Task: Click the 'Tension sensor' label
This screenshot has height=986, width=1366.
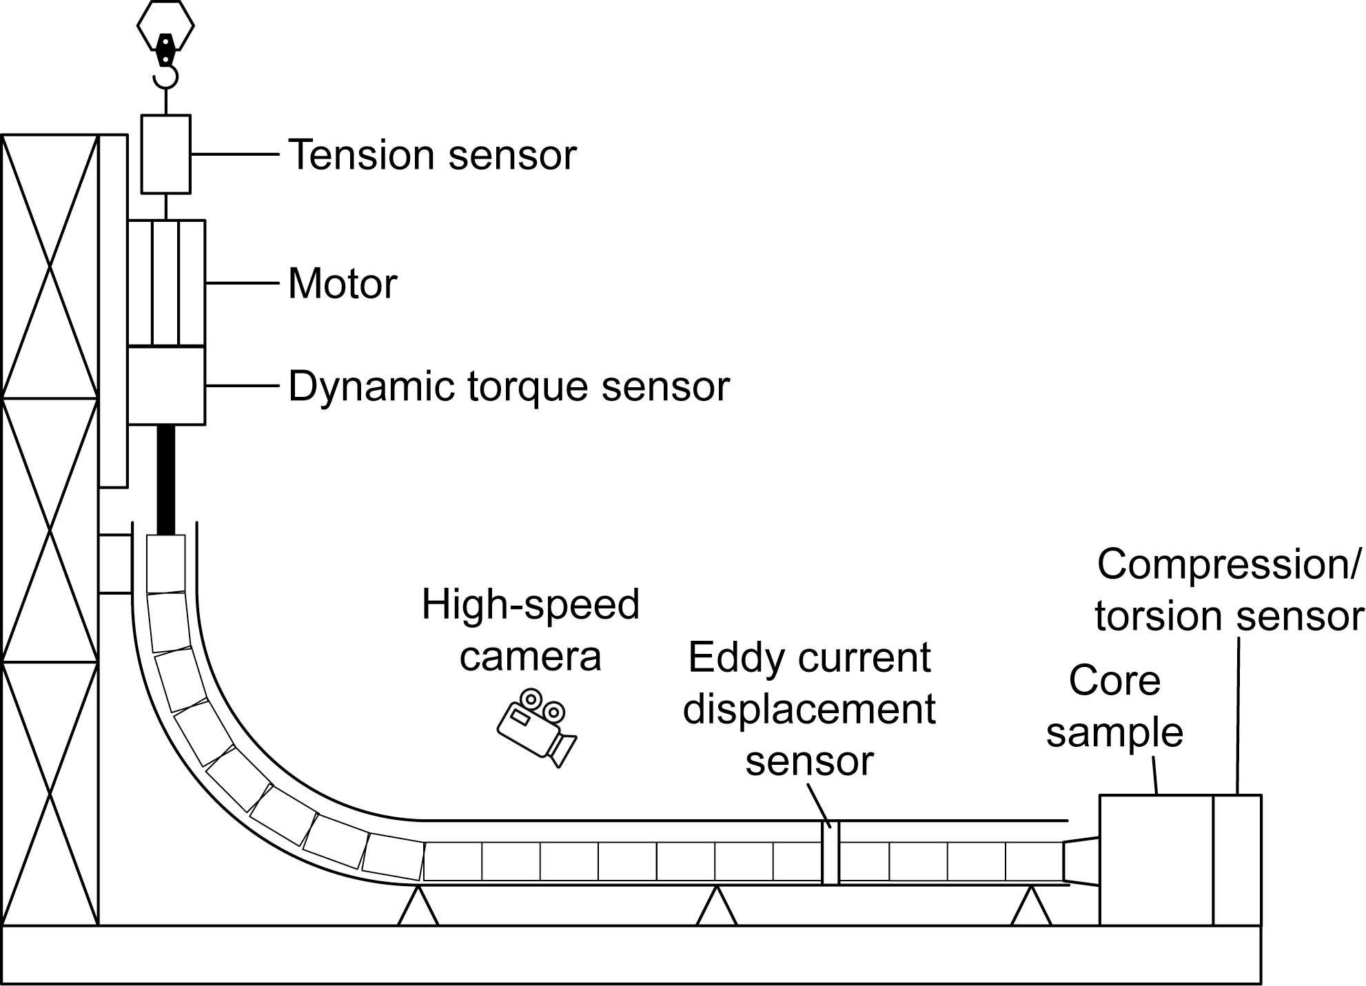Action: pyautogui.click(x=431, y=155)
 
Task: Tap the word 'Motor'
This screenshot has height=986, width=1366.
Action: pyautogui.click(x=343, y=283)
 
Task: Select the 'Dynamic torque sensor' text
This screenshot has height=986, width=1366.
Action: pyautogui.click(x=509, y=386)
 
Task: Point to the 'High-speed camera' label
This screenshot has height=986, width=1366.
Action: pyautogui.click(x=530, y=630)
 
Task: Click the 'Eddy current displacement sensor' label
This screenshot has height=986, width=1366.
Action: pyautogui.click(x=809, y=709)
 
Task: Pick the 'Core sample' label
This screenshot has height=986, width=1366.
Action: pyautogui.click(x=1114, y=706)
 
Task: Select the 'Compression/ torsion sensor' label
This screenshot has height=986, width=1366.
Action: pyautogui.click(x=1229, y=590)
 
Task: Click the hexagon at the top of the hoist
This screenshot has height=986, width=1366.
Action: pyautogui.click(x=165, y=25)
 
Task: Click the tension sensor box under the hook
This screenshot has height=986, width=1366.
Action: pyautogui.click(x=165, y=154)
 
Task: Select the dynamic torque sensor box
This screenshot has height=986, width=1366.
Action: pyautogui.click(x=166, y=385)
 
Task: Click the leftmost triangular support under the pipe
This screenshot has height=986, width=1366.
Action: pyautogui.click(x=418, y=907)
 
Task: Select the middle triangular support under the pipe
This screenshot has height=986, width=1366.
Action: pyautogui.click(x=717, y=907)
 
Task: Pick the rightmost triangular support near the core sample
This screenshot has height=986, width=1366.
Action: pyautogui.click(x=1031, y=907)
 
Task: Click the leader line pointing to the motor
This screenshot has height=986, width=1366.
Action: pyautogui.click(x=242, y=283)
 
